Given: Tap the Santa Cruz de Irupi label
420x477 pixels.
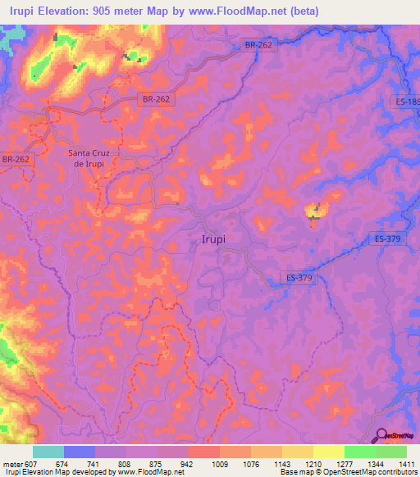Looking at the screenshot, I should (94, 157).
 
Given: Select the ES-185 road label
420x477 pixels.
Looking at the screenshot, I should (405, 102).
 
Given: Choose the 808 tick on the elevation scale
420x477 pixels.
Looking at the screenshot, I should (125, 464).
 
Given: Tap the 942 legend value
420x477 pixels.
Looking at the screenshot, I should (188, 464).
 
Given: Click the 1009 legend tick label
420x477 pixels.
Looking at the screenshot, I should (219, 464).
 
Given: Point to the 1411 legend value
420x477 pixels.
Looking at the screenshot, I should (406, 464).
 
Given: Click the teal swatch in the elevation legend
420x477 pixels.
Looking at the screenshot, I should (48, 452).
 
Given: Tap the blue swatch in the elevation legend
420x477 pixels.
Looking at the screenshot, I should (79, 452).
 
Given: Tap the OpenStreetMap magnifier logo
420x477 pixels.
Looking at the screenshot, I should (379, 435).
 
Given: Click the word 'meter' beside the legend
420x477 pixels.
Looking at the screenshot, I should (10, 464).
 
